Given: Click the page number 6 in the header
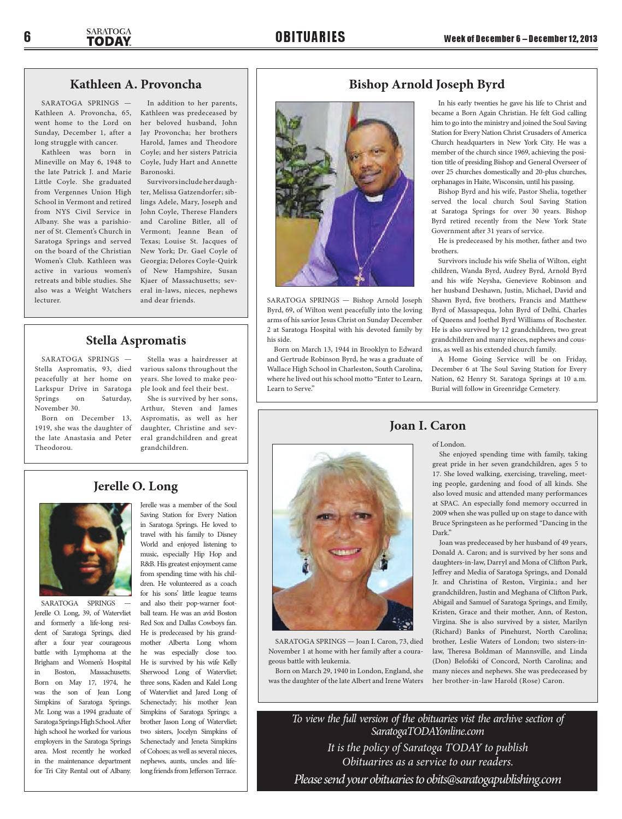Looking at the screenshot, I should coord(27,37).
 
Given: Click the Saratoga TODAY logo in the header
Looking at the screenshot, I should coord(109,37).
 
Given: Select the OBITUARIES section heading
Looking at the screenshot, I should coord(310,37).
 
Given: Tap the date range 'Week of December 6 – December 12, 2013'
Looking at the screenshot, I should coord(520,39).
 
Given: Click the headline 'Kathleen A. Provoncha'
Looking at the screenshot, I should coord(136,84).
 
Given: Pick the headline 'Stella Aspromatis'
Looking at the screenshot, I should coord(136,340).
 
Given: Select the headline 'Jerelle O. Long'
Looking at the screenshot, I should coord(136,486).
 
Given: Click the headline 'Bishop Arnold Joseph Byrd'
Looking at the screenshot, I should coord(426,84).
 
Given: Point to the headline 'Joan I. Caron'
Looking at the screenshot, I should coord(427,425).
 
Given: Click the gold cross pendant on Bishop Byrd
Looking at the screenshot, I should coord(359,278).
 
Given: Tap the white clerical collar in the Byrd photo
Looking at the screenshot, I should coord(374,198).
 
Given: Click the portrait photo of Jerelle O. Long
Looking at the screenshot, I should coord(85,549).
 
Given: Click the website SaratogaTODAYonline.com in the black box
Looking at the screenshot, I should coord(427,732).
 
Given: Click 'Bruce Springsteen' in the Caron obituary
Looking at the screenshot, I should coord(459,523).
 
